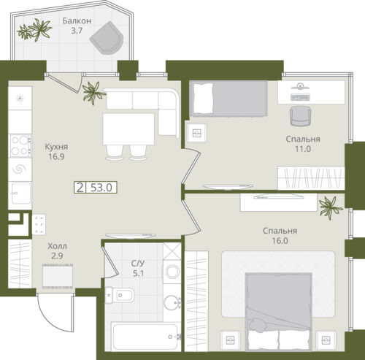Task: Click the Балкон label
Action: point(77,20)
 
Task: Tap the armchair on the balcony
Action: point(107,38)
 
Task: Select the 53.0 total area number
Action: point(101,188)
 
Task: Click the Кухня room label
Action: point(56,147)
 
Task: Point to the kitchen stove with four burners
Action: point(20,145)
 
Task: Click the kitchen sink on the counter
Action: point(20,194)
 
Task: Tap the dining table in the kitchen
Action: point(128,129)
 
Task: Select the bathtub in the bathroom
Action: point(145,337)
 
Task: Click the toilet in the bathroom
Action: point(120,295)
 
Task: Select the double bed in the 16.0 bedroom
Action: point(279,312)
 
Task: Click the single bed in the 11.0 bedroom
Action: point(228,98)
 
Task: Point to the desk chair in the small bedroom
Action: point(301,116)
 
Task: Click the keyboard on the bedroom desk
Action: point(300,97)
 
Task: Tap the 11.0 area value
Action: point(303,149)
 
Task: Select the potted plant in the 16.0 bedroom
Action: point(330,207)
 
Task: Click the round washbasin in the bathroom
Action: point(172,302)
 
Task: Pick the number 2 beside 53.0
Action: point(80,188)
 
